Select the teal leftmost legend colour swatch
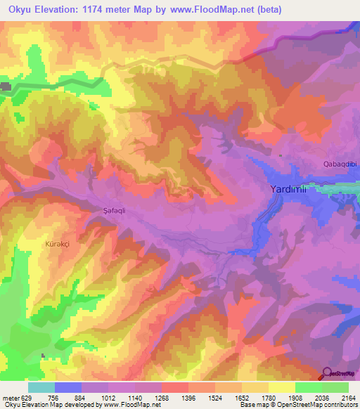click(x=41, y=387)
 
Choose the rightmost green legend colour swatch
click(x=335, y=387)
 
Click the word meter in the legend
click(x=11, y=398)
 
